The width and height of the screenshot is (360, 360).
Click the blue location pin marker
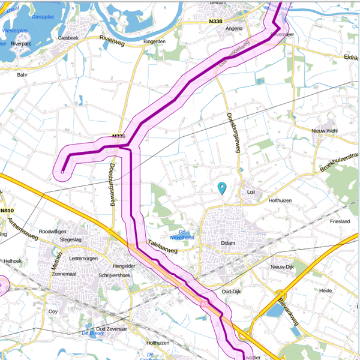(222, 188)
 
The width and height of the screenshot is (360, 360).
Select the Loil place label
(251, 193)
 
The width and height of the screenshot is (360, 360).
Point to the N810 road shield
(7, 211)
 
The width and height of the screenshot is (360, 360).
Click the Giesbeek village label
(68, 37)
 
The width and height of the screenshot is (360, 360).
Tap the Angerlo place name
(233, 28)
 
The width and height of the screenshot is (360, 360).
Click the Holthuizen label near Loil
(284, 200)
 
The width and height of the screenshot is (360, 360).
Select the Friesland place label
(340, 221)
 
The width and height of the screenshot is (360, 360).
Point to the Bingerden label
(154, 41)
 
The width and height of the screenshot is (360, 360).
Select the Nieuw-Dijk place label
(284, 266)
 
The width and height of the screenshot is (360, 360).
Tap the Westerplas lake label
(16, 29)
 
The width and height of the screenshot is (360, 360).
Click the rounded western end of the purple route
(62, 172)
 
